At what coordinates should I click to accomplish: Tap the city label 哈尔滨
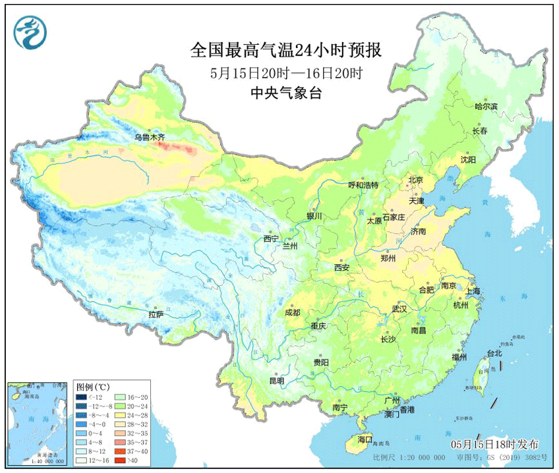486,106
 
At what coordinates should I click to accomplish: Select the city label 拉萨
156,316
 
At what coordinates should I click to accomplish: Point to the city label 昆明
276,381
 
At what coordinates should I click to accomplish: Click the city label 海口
365,439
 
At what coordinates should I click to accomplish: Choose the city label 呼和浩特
363,185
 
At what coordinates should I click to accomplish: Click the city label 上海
472,291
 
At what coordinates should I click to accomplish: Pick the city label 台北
494,353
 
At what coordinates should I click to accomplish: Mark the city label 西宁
271,238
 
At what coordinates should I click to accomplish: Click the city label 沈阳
467,159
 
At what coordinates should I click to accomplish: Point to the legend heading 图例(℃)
92,387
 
